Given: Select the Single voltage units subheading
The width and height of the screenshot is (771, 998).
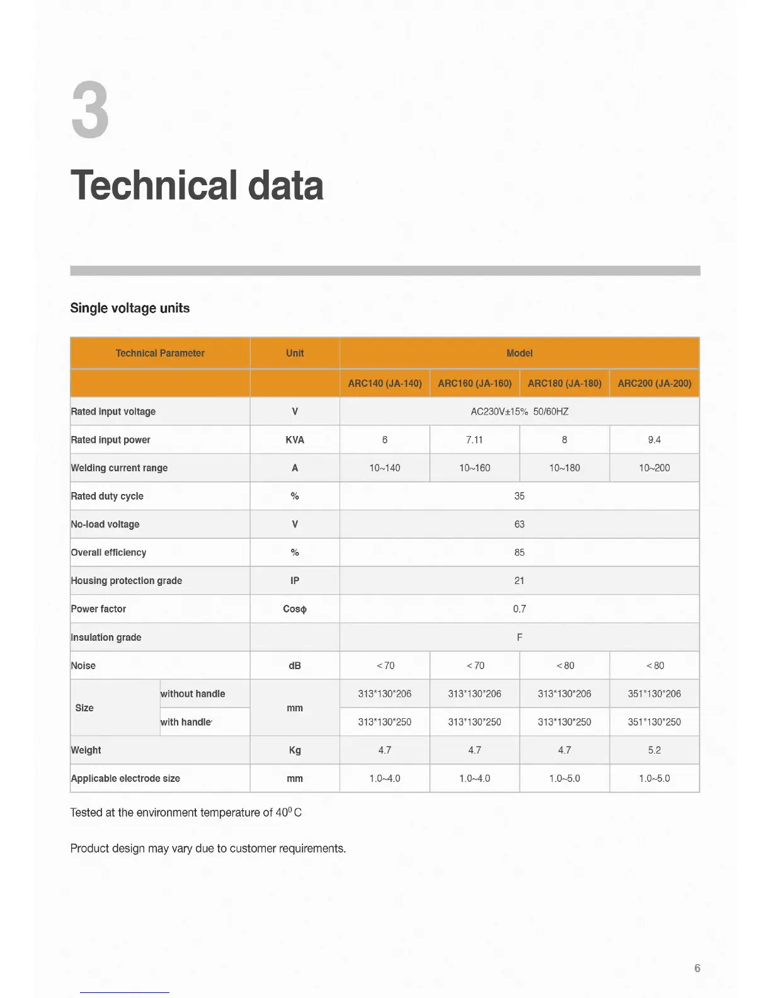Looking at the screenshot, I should (130, 308).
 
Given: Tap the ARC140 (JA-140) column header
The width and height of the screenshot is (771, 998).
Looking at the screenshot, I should (385, 383).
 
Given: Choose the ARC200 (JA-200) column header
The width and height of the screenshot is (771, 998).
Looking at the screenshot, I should (654, 383).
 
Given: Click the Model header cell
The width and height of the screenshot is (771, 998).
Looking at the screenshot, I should (519, 353).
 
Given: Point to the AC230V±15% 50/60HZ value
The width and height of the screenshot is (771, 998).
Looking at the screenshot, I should (519, 411).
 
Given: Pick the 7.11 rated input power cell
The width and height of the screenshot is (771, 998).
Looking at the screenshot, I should (474, 440).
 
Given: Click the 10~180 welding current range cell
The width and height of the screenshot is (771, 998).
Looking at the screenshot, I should (564, 468).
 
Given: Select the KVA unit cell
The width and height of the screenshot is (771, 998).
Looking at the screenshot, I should (295, 440).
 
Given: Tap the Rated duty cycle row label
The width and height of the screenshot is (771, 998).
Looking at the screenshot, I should (107, 496).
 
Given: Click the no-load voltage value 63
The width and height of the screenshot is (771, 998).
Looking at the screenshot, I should (519, 524).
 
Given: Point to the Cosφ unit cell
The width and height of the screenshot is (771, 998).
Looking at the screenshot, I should (295, 609).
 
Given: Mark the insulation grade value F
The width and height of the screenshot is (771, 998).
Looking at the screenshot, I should (519, 638).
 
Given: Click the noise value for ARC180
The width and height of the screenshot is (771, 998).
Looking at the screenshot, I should (564, 665).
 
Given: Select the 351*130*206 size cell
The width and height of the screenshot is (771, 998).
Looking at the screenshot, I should (654, 694).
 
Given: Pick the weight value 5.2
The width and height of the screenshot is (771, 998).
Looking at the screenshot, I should (654, 750).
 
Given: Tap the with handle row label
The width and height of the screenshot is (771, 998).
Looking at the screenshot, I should (186, 722).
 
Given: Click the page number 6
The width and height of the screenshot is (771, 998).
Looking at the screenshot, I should (697, 968).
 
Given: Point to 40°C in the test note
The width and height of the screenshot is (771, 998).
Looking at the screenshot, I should (288, 813).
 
